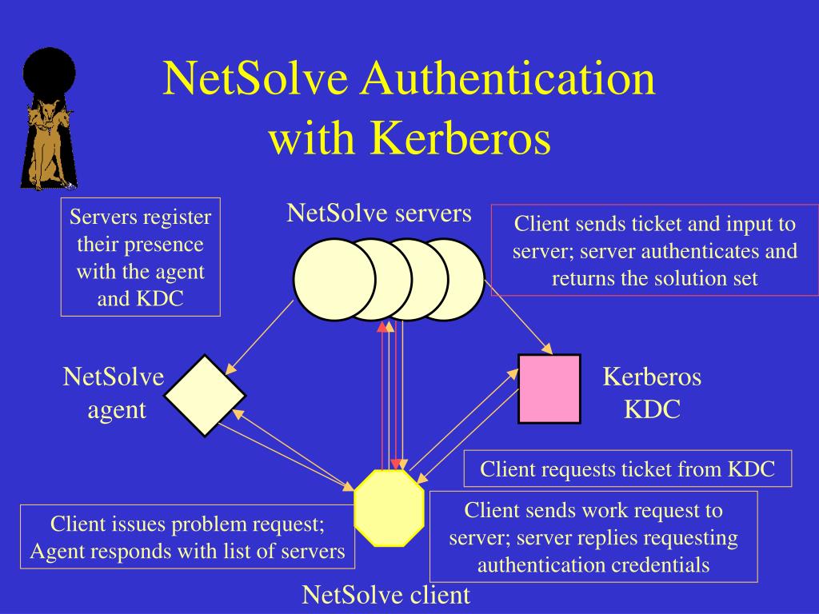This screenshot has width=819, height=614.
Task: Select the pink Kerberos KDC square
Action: coord(549,389)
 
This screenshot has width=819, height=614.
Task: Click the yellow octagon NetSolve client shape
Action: coord(389,506)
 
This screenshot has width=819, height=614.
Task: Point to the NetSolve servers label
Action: coord(379,213)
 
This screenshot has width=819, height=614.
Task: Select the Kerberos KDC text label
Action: coord(652,393)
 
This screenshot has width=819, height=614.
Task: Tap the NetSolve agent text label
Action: coord(114,393)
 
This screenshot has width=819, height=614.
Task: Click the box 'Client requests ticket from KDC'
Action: coord(628,469)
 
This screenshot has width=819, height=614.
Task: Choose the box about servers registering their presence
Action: coord(141,257)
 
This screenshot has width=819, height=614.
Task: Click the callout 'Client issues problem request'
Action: coord(187,537)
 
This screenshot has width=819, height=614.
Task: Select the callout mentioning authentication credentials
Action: coord(593,537)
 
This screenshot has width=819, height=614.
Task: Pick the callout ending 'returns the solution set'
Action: coord(654,251)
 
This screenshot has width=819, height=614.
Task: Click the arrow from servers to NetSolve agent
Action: coord(261,337)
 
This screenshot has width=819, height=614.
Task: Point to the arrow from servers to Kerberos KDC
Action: coord(518,326)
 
